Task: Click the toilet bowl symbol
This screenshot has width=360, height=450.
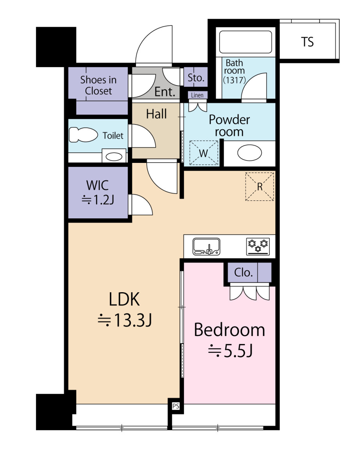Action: pyautogui.click(x=83, y=135)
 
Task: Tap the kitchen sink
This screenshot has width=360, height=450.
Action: pyautogui.click(x=206, y=246)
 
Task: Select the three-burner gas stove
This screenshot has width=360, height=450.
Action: pyautogui.click(x=258, y=246)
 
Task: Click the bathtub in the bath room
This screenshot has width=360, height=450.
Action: pyautogui.click(x=245, y=42)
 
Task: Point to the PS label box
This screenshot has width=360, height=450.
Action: pyautogui.click(x=176, y=406)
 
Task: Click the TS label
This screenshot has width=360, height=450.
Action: pyautogui.click(x=307, y=42)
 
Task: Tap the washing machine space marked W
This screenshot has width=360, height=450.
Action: pyautogui.click(x=203, y=153)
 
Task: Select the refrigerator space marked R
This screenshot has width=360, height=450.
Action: pyautogui.click(x=260, y=187)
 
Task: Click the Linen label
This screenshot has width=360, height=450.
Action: pyautogui.click(x=197, y=95)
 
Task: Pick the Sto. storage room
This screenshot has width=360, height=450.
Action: pyautogui.click(x=196, y=77)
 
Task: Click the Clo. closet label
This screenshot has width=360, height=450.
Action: pyautogui.click(x=243, y=272)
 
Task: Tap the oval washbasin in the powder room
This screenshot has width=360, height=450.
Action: pyautogui.click(x=250, y=153)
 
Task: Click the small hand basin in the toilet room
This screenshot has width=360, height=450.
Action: pyautogui.click(x=114, y=156)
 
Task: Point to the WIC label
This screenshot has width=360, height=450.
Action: pyautogui.click(x=98, y=186)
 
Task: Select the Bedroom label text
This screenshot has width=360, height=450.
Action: pyautogui.click(x=229, y=330)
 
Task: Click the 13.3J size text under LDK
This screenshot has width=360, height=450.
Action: pyautogui.click(x=125, y=320)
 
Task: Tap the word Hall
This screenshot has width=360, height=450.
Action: pyautogui.click(x=156, y=114)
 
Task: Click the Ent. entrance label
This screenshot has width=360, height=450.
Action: pyautogui.click(x=165, y=92)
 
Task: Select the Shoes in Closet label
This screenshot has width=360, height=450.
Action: pyautogui.click(x=98, y=85)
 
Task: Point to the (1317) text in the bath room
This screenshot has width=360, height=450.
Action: pyautogui.click(x=234, y=80)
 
